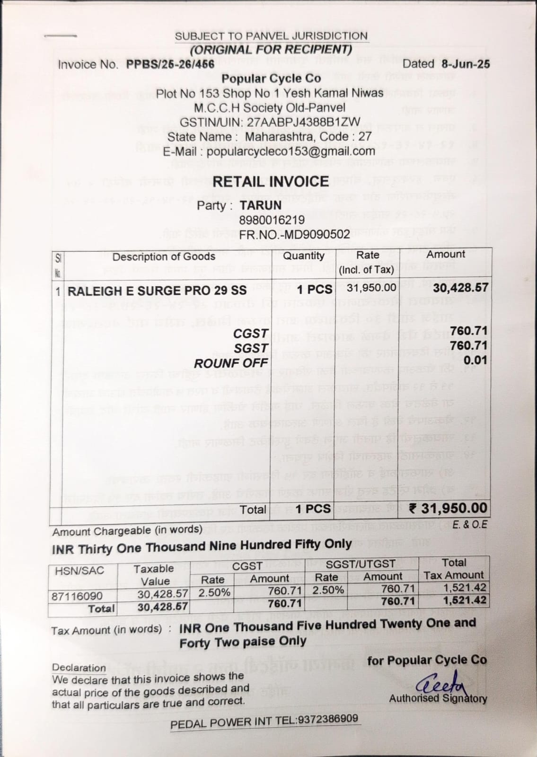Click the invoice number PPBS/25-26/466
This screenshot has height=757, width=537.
pyautogui.click(x=170, y=64)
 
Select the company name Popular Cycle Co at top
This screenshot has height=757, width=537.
pyautogui.click(x=271, y=79)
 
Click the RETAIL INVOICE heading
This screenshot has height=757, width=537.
pyautogui.click(x=270, y=181)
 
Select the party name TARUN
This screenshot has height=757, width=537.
pyautogui.click(x=260, y=205)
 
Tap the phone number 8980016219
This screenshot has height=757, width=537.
pyautogui.click(x=272, y=220)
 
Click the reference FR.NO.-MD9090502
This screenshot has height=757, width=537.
pyautogui.click(x=294, y=234)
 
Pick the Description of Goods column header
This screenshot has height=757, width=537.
pyautogui.click(x=164, y=256)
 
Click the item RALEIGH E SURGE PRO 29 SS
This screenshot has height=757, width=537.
pyautogui.click(x=157, y=291)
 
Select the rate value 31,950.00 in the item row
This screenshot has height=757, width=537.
pyautogui.click(x=371, y=288)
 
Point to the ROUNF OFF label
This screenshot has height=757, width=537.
pyautogui.click(x=231, y=363)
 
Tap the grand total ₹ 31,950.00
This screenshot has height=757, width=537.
pyautogui.click(x=448, y=508)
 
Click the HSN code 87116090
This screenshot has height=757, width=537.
pyautogui.click(x=77, y=596)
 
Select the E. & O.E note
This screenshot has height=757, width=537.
pyautogui.click(x=469, y=525)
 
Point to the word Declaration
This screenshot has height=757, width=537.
pyautogui.click(x=79, y=668)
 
